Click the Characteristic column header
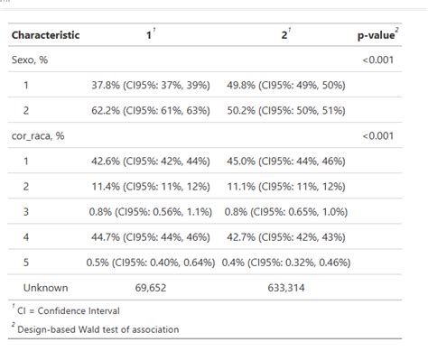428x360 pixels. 45,35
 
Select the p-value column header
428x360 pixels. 377,35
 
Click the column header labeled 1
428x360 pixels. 150,35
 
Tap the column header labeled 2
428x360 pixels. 284,35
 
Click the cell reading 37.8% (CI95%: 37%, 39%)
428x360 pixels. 151,85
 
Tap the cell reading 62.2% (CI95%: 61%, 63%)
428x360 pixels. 151,110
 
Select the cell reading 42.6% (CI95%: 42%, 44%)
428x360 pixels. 151,161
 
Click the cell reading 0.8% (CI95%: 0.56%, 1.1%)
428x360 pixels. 151,211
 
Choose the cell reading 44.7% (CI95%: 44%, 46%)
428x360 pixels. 151,236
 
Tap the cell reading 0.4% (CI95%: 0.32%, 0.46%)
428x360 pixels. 285,262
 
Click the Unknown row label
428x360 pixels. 45,287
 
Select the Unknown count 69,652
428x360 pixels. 151,287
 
